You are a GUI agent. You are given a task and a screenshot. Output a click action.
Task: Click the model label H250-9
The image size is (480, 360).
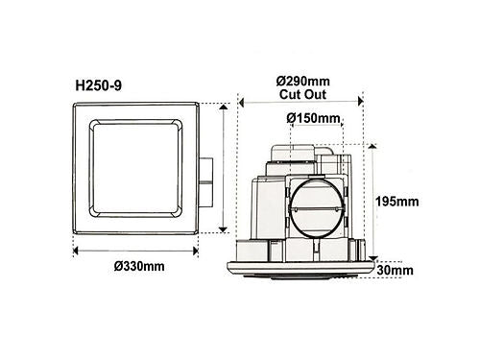pyautogui.click(x=99, y=85)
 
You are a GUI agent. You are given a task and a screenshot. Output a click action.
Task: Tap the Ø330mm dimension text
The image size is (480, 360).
pyautogui.click(x=139, y=266)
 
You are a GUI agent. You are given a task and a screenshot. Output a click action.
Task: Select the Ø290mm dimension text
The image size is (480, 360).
pyautogui.click(x=303, y=82)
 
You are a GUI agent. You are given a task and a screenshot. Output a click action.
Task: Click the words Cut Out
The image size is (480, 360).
pyautogui.click(x=302, y=95)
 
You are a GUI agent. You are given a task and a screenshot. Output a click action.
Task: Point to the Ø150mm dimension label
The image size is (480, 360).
pyautogui.click(x=313, y=118)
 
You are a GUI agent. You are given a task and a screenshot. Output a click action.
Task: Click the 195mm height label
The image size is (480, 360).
pyautogui.click(x=397, y=202)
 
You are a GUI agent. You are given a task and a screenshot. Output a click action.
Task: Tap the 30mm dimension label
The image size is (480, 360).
pyautogui.click(x=395, y=271)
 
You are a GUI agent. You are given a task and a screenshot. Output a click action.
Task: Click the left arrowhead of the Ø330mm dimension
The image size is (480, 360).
pyautogui.click(x=76, y=251)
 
